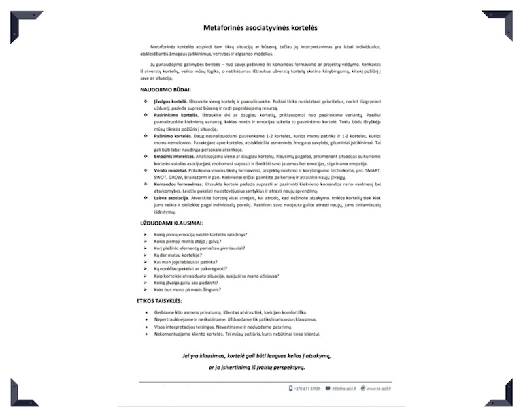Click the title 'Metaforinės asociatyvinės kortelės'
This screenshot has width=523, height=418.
pos(261,29)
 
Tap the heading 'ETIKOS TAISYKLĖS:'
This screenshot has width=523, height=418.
pos(163,301)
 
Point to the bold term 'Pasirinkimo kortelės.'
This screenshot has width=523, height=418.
pos(175,114)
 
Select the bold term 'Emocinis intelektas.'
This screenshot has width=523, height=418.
pos(175,157)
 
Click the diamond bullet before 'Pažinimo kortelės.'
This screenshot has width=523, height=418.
pos(146,136)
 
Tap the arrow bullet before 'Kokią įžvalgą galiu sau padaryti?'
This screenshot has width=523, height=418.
pos(146,283)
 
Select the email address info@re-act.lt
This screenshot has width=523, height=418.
pos(346,389)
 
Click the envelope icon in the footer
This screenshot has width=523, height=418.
pos(328,389)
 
